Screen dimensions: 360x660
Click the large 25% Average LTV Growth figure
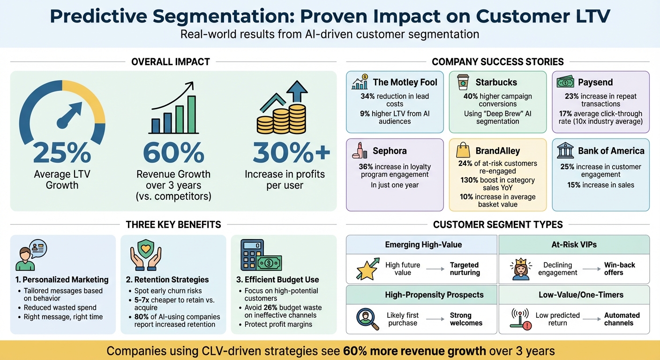(x=62, y=152)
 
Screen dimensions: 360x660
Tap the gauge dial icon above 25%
(x=62, y=112)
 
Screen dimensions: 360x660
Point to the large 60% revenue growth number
(x=173, y=152)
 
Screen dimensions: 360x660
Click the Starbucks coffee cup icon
(x=463, y=82)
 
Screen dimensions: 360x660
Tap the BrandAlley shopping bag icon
(x=463, y=150)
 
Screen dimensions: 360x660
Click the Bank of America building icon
(x=565, y=150)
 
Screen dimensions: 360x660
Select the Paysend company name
(x=595, y=82)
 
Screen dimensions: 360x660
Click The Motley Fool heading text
(x=405, y=82)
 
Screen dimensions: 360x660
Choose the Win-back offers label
(x=620, y=269)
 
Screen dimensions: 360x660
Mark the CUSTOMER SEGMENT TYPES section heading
(x=498, y=225)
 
